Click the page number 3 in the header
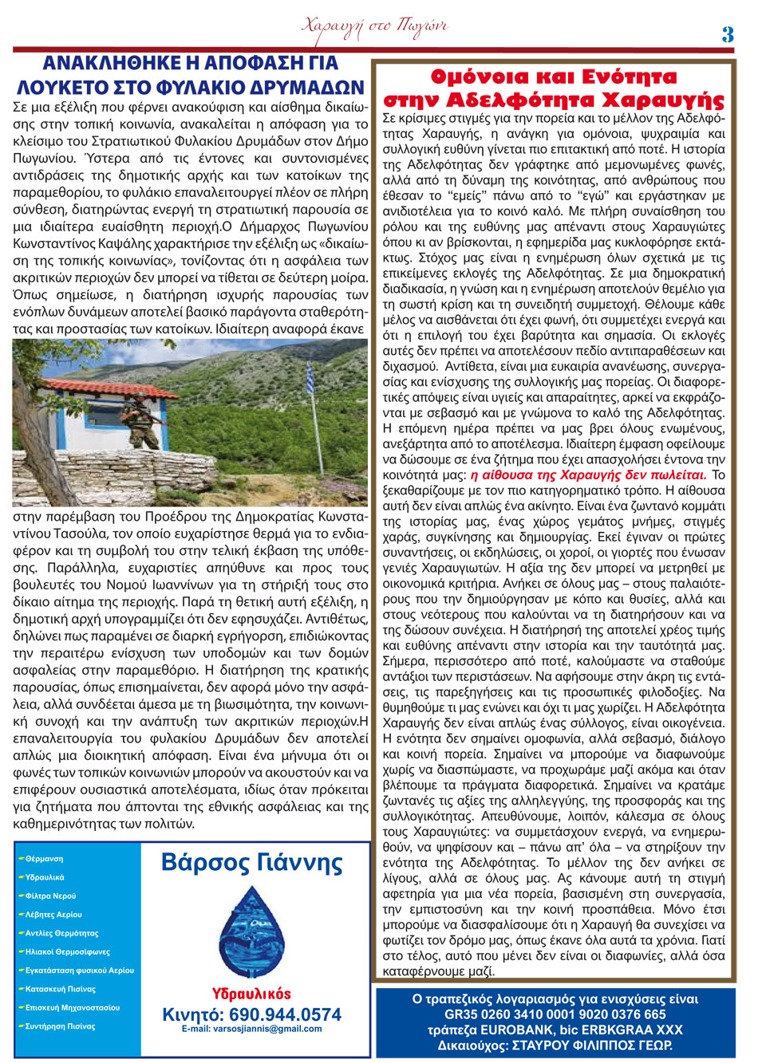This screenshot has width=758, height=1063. click(727, 34)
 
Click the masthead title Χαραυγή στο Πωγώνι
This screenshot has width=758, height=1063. click(374, 26)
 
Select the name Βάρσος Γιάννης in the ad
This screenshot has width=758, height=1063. click(251, 863)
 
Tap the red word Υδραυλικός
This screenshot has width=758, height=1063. click(251, 994)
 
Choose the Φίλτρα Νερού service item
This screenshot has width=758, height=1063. click(51, 896)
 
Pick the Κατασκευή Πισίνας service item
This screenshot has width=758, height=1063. click(61, 989)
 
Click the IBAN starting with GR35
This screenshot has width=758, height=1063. click(555, 1014)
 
